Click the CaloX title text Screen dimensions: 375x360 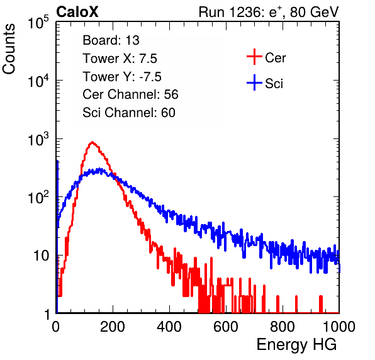(77, 12)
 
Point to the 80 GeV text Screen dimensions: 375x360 (314, 12)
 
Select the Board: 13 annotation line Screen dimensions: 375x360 (111, 40)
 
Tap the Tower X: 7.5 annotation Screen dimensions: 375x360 (120, 59)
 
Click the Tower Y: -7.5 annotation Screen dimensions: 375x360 (122, 77)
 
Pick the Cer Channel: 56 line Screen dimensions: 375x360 (130, 94)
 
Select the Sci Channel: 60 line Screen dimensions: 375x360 (129, 113)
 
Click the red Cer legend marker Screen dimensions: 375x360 (254, 57)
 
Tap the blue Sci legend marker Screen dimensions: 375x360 (254, 83)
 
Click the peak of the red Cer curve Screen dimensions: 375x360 (92, 142)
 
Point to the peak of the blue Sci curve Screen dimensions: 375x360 (99, 169)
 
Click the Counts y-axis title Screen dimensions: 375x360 (9, 48)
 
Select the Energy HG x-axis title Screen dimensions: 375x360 (296, 345)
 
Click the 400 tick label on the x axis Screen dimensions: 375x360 (169, 327)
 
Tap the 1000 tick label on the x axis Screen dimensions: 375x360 (339, 327)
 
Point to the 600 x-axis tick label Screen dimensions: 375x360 (226, 327)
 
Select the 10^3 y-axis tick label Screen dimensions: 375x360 (38, 139)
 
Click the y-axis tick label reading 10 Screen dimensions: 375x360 (42, 256)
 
